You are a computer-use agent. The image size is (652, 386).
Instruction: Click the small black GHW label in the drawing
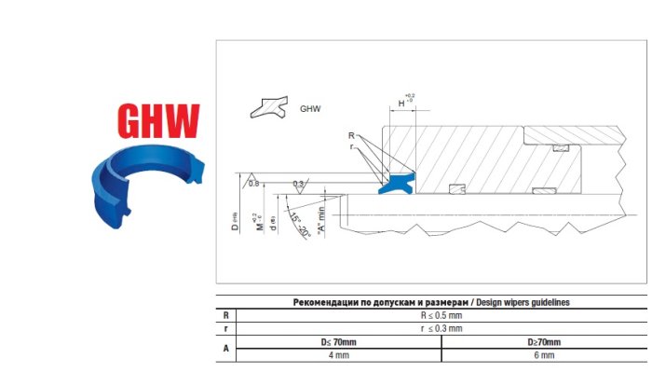coord(310,109)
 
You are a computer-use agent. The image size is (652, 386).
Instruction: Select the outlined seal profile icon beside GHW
coord(269,107)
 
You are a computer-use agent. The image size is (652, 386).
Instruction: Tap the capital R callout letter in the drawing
coord(351,136)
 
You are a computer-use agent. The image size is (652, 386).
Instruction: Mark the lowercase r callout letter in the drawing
coord(351,146)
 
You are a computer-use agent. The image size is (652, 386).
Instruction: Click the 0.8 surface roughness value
coord(253,184)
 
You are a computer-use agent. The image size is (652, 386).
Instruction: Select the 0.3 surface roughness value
coord(298,184)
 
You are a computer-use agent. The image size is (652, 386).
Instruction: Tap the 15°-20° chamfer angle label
coord(299,226)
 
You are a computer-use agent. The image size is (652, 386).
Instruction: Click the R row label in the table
coord(224,315)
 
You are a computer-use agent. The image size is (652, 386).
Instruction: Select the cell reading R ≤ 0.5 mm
coord(441,315)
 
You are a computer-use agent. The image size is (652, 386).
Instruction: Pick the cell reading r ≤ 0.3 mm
coord(441,328)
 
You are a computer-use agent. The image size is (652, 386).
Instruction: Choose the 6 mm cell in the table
coord(544,355)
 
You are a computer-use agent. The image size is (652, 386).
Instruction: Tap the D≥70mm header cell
coord(544,342)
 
